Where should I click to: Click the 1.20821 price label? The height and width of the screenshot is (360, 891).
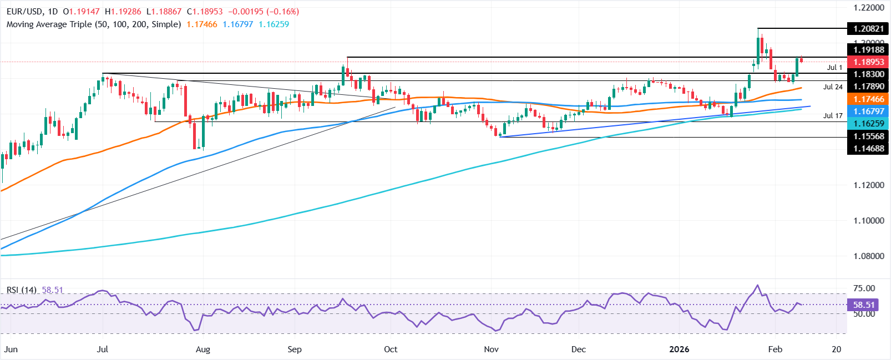tap(869, 28)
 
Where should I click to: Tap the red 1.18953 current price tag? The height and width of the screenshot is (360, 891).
tap(869, 62)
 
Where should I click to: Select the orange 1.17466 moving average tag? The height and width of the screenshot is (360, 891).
tap(869, 99)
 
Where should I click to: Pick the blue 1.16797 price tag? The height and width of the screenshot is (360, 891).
tap(869, 111)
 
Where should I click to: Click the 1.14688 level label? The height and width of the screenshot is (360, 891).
tap(869, 148)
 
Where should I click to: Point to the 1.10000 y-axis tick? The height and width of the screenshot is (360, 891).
tap(869, 221)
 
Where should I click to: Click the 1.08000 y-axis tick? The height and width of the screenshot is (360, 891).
tap(869, 256)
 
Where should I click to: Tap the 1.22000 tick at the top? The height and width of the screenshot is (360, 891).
tap(869, 8)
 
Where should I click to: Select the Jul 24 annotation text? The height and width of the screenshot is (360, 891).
tap(833, 87)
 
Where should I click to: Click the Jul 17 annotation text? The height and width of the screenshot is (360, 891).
tap(833, 116)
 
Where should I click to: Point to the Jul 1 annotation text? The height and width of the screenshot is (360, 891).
tap(834, 68)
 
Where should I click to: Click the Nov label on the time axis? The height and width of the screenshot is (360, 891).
tap(491, 349)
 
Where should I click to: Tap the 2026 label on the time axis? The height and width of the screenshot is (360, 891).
tap(679, 349)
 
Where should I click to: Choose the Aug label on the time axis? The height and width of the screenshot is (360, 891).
tap(203, 349)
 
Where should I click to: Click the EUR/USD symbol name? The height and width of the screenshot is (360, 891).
tap(24, 11)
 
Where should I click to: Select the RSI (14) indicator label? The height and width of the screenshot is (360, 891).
tap(22, 290)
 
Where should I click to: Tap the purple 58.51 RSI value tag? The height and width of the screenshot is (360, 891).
tap(864, 305)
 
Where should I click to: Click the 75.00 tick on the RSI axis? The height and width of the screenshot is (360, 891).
tap(864, 288)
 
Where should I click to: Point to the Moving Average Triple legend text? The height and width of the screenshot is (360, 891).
tap(94, 24)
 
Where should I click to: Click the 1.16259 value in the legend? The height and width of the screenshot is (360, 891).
tap(274, 24)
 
